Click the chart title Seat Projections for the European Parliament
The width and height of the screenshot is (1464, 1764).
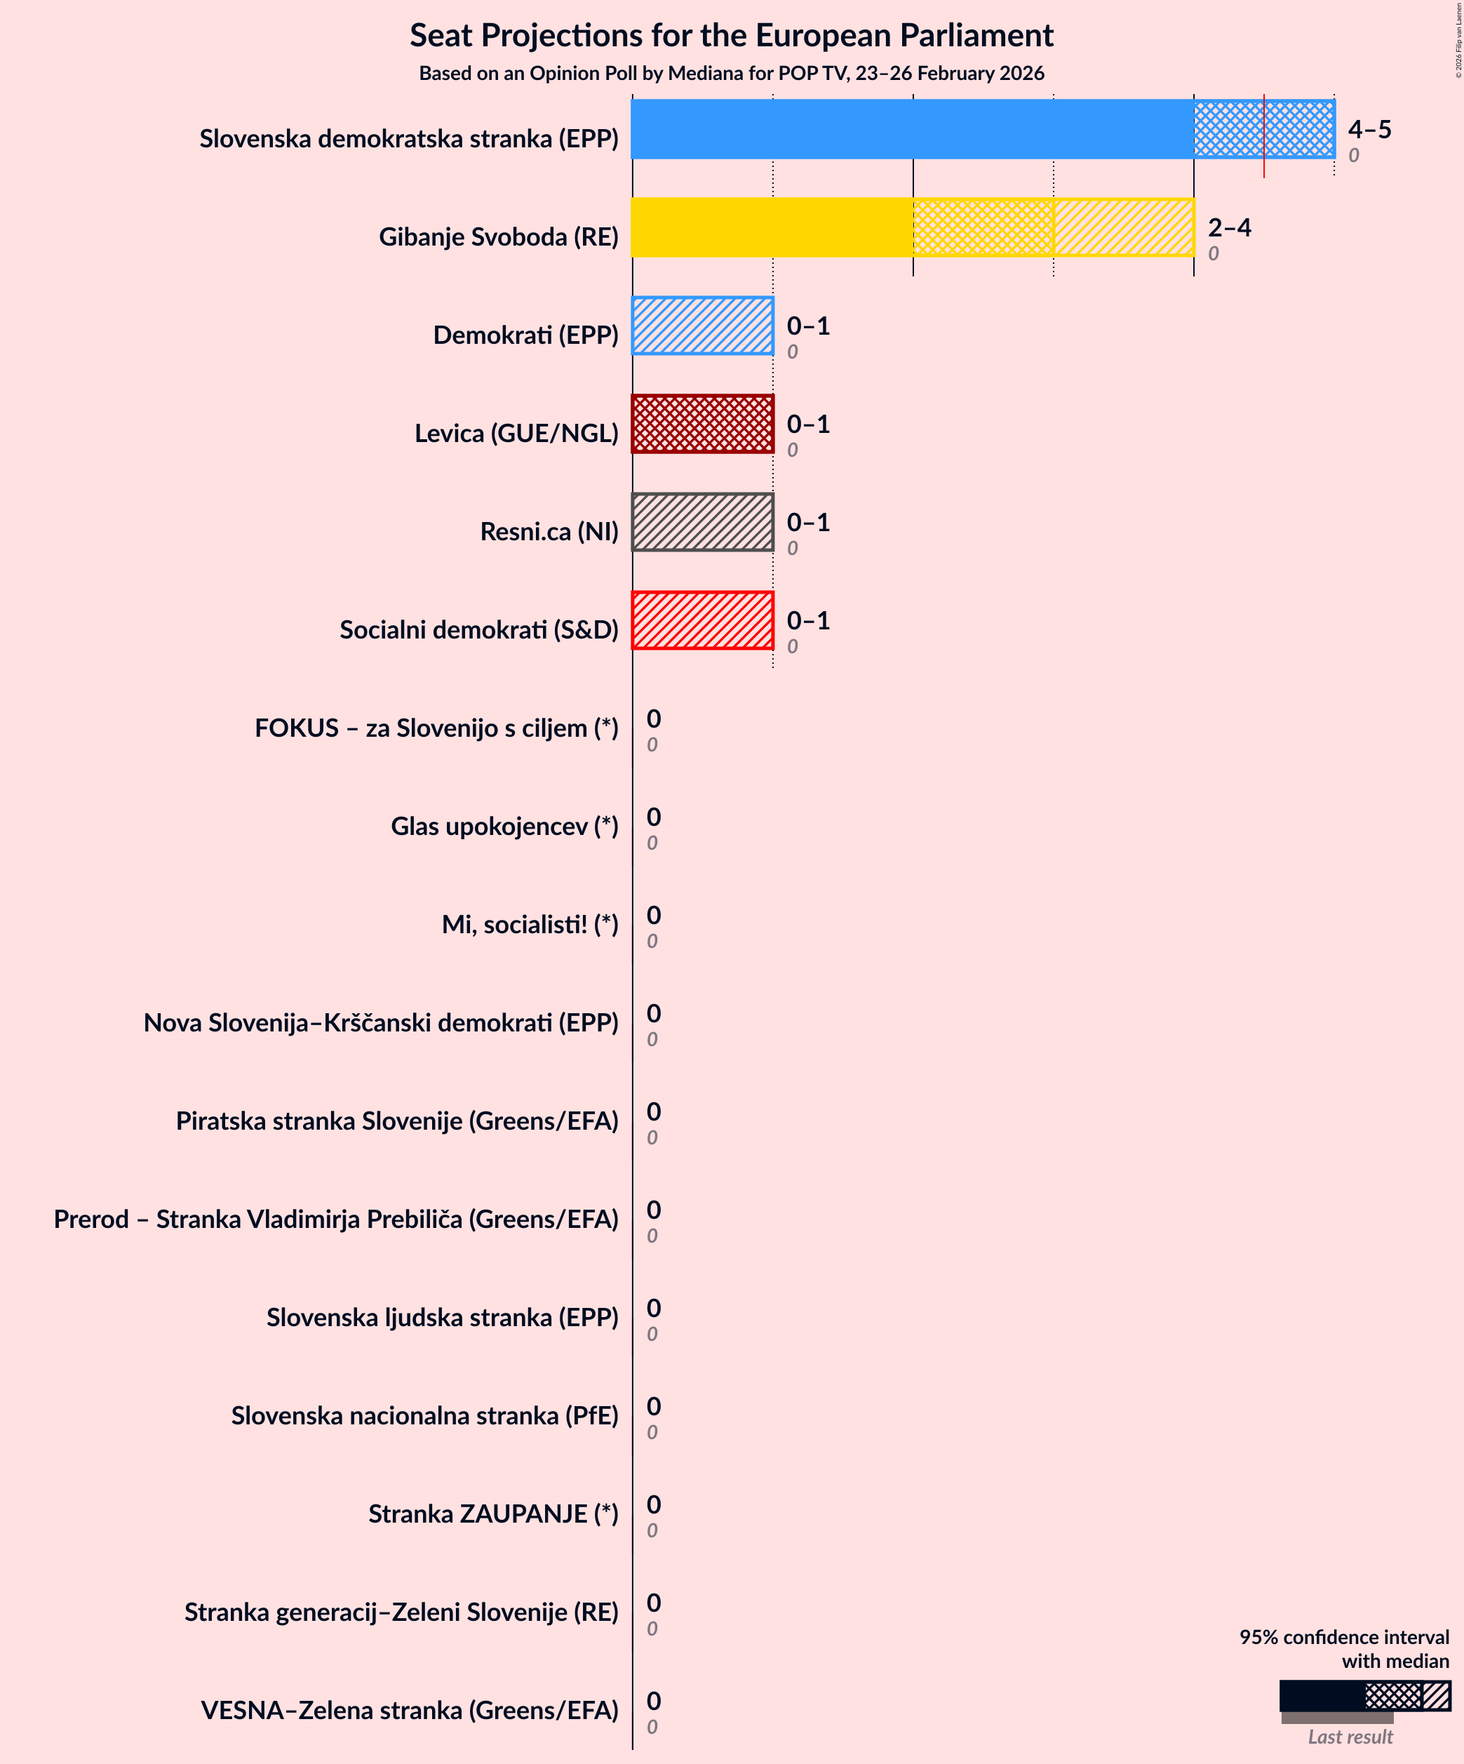click(x=731, y=35)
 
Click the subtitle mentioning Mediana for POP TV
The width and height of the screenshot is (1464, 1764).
click(x=731, y=74)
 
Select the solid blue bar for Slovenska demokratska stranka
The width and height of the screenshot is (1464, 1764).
click(x=911, y=129)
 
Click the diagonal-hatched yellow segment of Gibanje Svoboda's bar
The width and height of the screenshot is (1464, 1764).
click(x=1124, y=227)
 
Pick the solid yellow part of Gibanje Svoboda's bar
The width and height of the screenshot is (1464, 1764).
click(x=772, y=227)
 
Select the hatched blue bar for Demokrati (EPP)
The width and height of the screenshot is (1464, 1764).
click(x=702, y=326)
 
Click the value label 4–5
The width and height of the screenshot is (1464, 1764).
click(x=1369, y=129)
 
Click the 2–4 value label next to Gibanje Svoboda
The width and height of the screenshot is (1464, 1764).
click(x=1229, y=227)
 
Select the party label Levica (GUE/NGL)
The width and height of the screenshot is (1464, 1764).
click(x=516, y=434)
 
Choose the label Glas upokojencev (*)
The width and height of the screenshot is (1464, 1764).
click(x=504, y=827)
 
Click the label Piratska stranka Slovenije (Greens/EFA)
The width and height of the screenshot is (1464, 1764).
click(x=396, y=1121)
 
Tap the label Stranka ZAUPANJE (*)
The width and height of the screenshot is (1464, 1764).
click(x=493, y=1514)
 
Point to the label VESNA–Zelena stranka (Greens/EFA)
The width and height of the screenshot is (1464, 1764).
click(x=409, y=1710)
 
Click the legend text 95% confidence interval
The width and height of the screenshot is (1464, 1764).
click(x=1344, y=1637)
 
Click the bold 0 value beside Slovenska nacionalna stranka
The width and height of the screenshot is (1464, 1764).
click(x=654, y=1406)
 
